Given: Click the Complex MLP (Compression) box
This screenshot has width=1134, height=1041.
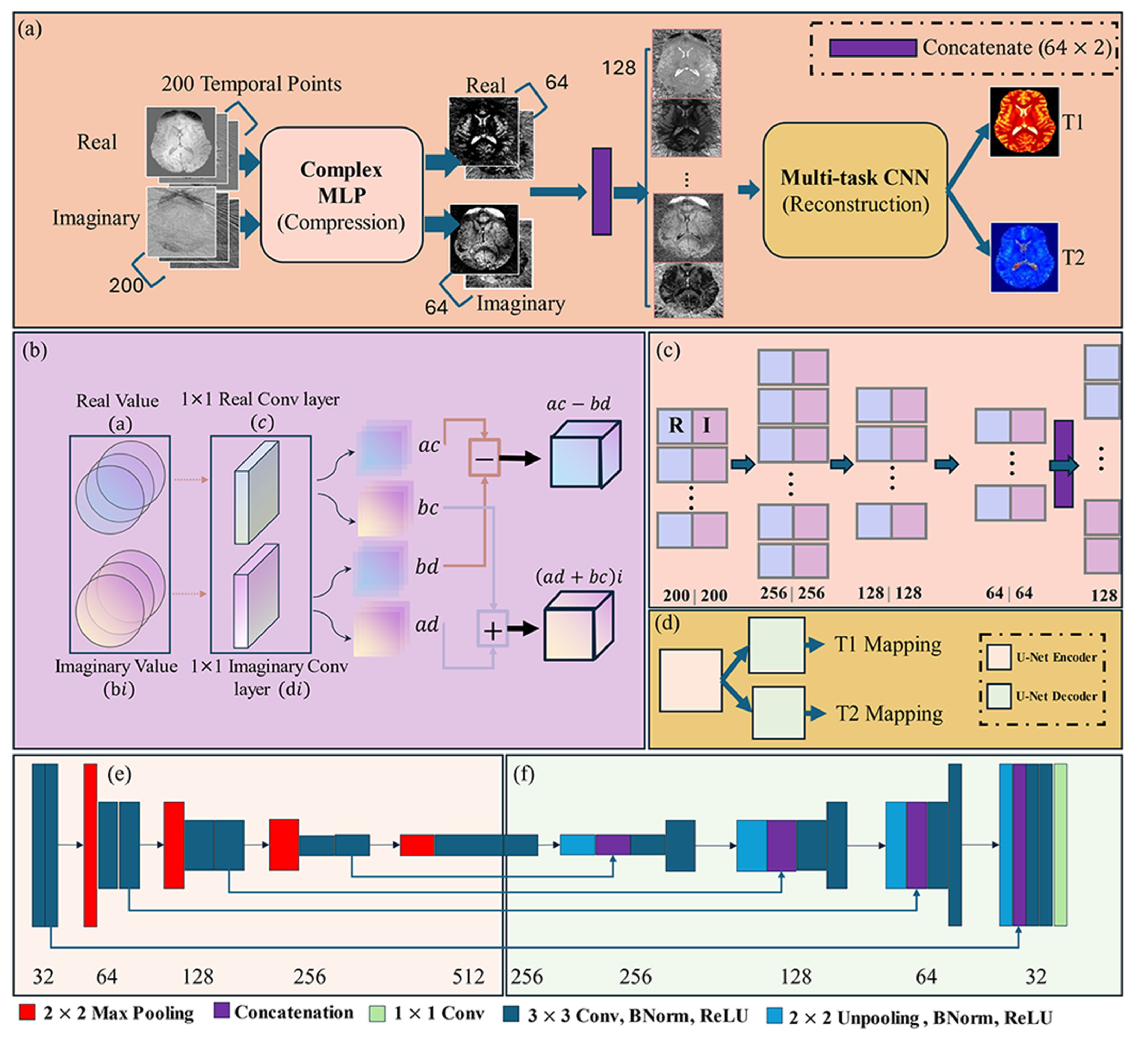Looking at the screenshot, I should (342, 195).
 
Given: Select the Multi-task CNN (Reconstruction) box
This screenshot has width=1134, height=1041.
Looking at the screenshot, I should (854, 191).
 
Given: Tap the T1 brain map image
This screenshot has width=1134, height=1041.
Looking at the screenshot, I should (1024, 122).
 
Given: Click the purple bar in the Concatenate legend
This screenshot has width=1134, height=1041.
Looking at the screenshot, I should (872, 48).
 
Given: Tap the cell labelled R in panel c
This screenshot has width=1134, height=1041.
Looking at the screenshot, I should (675, 426).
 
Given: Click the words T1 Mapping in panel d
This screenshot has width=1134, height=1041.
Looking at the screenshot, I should (887, 644).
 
